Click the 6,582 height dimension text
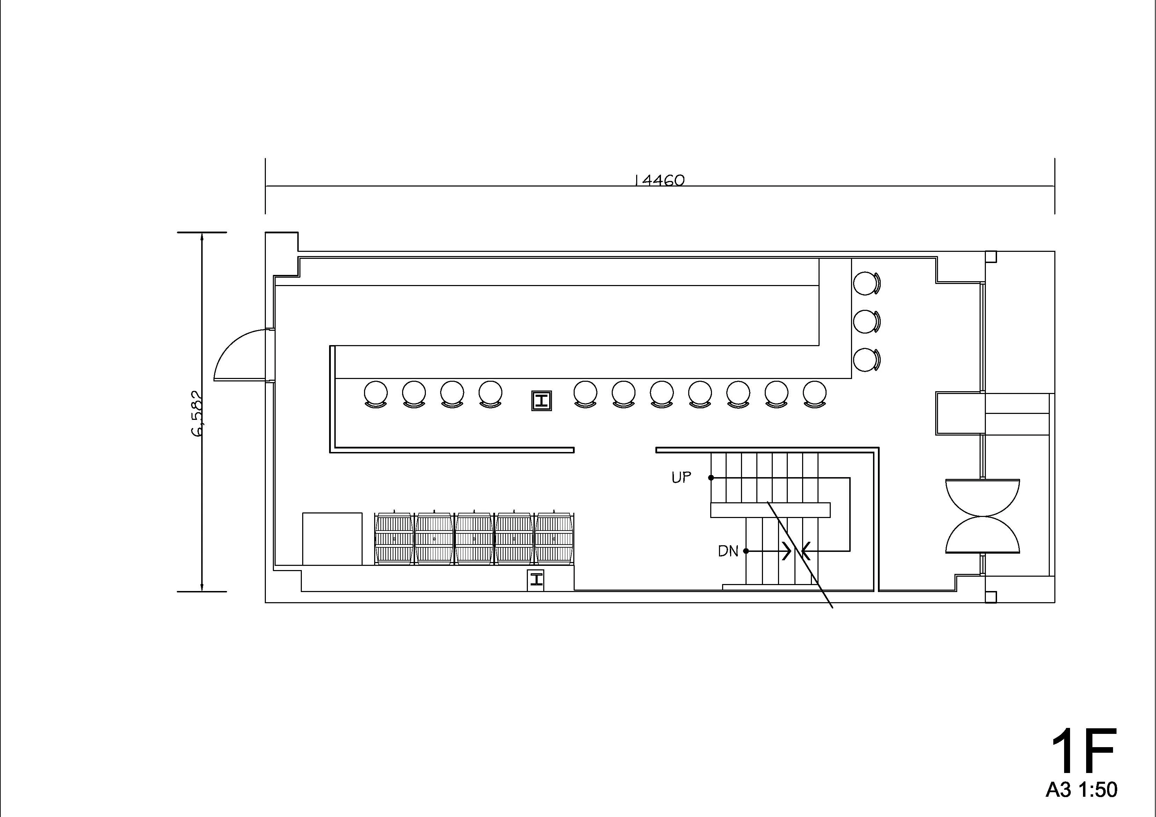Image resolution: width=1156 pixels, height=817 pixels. click(197, 414)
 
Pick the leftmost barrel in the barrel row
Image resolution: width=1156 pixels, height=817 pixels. click(394, 538)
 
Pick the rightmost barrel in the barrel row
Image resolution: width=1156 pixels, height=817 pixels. click(554, 538)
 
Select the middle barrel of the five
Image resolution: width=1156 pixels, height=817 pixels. click(474, 538)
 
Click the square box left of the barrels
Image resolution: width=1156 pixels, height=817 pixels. click(332, 539)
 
